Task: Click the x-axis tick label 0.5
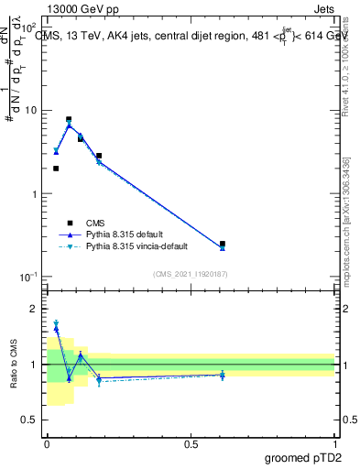point(191,444)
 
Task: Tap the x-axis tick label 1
point(335,444)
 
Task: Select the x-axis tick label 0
point(47,444)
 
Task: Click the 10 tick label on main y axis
point(31,111)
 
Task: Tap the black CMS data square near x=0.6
point(223,245)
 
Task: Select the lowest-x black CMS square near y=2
point(56,169)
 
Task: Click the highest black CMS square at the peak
point(69,119)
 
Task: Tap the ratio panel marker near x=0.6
point(223,375)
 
